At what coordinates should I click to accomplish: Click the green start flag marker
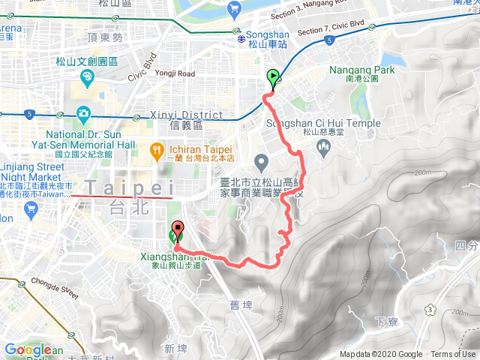pos(272,76)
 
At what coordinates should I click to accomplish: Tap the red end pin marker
pos(178,230)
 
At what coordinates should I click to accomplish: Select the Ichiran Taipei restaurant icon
pos(157,150)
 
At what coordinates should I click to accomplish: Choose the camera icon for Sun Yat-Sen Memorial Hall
pos(82,115)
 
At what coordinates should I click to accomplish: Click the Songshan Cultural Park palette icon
pos(86,76)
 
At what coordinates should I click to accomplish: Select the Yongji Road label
pos(176,74)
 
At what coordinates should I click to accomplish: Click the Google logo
pos(28,349)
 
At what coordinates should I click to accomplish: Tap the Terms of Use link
pos(453,354)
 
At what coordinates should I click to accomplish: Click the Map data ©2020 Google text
pos(380,354)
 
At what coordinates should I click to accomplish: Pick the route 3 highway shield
pos(430,309)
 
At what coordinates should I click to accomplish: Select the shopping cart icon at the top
pos(235,8)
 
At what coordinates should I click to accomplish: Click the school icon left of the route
pos(261,160)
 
